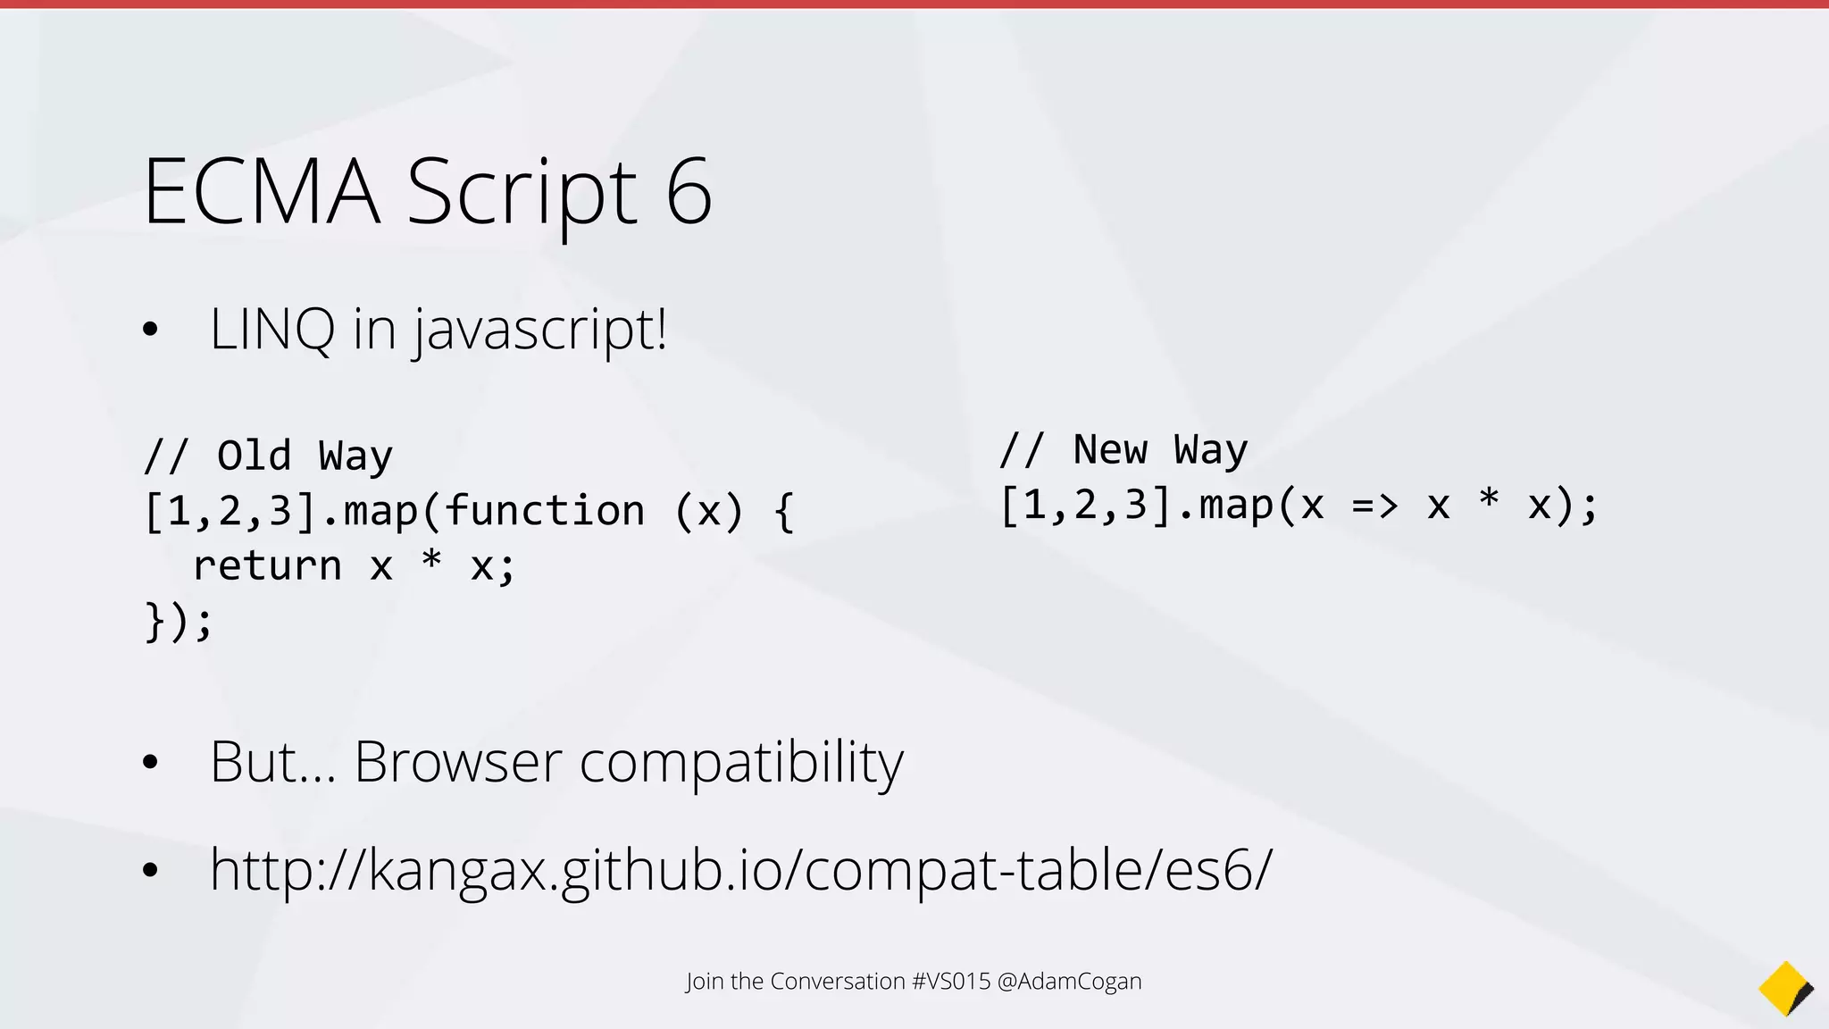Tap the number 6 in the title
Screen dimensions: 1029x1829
coord(689,191)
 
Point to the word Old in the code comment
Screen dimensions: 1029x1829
coord(255,456)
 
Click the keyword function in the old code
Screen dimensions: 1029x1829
coord(545,511)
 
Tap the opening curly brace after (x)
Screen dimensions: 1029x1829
coord(784,512)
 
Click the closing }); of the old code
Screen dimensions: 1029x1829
coord(179,621)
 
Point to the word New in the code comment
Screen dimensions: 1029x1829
coord(1110,449)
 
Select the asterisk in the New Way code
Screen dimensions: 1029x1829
coord(1488,500)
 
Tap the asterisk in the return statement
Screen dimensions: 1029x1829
coord(431,561)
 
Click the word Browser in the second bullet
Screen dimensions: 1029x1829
coord(458,762)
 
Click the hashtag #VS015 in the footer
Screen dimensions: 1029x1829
coord(951,981)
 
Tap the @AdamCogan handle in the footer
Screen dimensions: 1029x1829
coord(1069,981)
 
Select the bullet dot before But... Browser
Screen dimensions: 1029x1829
coord(150,762)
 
